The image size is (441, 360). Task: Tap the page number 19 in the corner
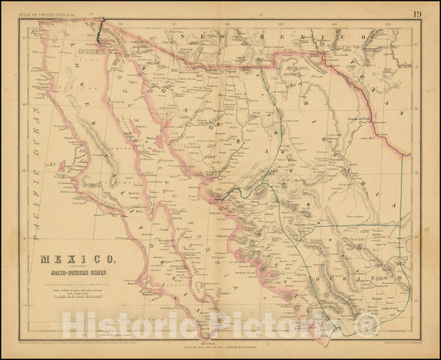420,12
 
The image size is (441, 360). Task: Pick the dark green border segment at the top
98,31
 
